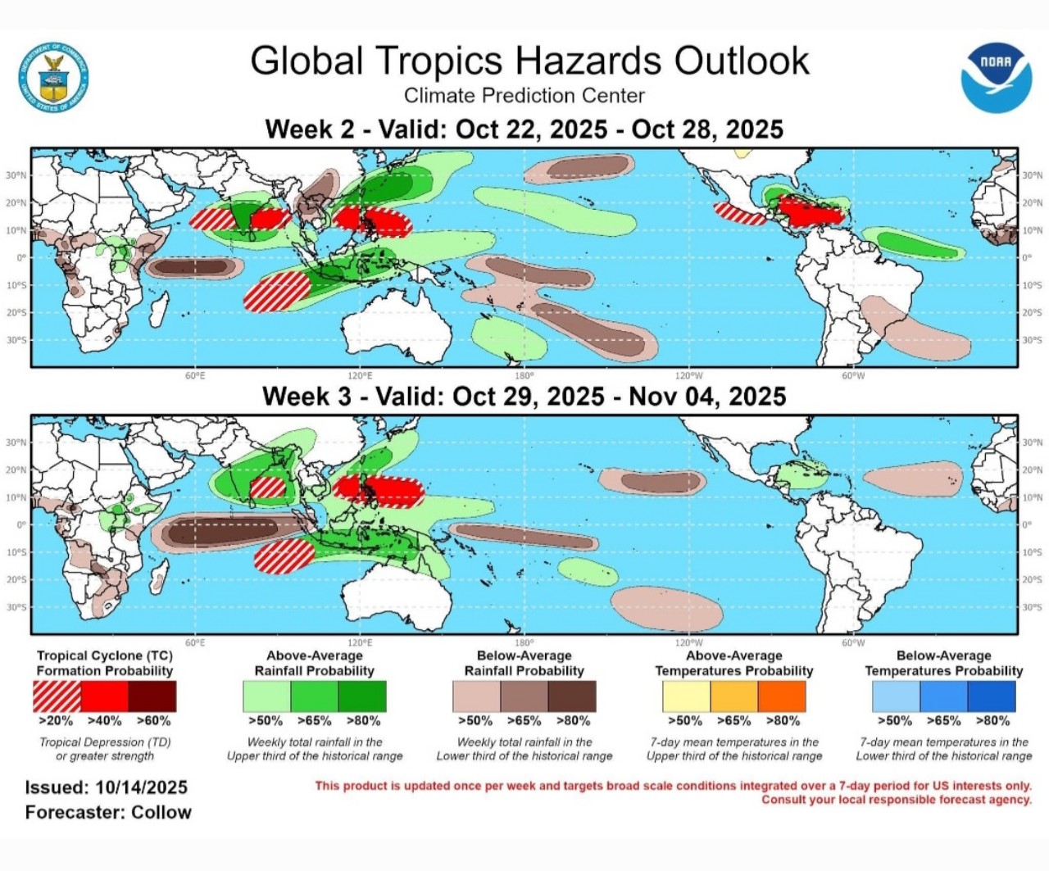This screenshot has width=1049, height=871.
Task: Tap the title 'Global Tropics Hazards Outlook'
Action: pyautogui.click(x=529, y=61)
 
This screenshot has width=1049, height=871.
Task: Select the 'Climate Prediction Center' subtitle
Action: pyautogui.click(x=524, y=96)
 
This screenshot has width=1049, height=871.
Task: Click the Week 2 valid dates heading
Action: pyautogui.click(x=524, y=129)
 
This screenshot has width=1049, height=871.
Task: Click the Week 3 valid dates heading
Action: pyautogui.click(x=524, y=397)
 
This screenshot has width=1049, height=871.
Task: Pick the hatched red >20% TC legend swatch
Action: pyautogui.click(x=57, y=696)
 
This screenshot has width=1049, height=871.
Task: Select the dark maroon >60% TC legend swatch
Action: pyautogui.click(x=152, y=696)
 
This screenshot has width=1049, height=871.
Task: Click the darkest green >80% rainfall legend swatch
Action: pyautogui.click(x=362, y=696)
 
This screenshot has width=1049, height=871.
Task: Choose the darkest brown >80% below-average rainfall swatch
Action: pyautogui.click(x=572, y=696)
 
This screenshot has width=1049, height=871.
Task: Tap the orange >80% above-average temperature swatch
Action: pyautogui.click(x=782, y=696)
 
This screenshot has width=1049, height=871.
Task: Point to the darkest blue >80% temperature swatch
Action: pyautogui.click(x=992, y=696)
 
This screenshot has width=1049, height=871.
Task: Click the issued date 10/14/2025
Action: pyautogui.click(x=141, y=787)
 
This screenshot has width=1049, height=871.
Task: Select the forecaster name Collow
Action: pyautogui.click(x=161, y=813)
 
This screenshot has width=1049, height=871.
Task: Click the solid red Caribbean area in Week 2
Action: pyautogui.click(x=807, y=213)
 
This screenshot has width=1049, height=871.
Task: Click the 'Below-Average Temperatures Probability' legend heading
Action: pyautogui.click(x=943, y=663)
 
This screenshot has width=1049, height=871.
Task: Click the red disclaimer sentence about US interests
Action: pyautogui.click(x=673, y=786)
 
